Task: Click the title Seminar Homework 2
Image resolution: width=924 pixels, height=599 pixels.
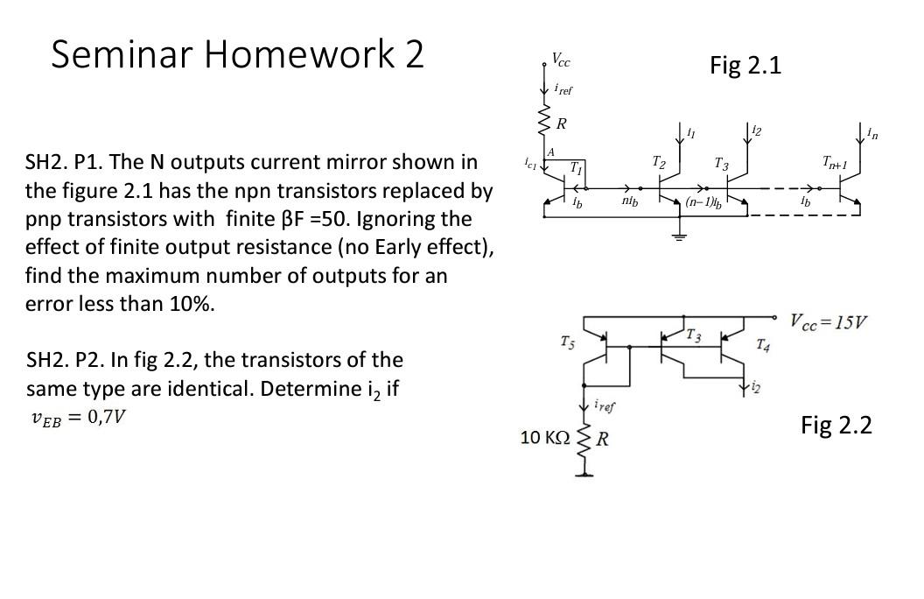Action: pyautogui.click(x=237, y=54)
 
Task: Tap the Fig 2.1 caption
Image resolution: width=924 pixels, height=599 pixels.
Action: pyautogui.click(x=745, y=66)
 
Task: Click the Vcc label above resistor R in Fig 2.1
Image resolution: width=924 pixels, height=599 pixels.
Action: pyautogui.click(x=560, y=60)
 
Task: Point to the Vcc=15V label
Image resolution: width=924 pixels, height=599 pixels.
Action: pyautogui.click(x=829, y=321)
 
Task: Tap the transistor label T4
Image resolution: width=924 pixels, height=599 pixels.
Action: pyautogui.click(x=763, y=344)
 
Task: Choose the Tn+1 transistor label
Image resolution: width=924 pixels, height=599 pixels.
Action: pyautogui.click(x=834, y=162)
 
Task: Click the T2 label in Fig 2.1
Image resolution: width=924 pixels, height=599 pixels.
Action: pyautogui.click(x=659, y=162)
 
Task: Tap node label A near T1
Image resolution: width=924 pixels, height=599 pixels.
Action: pyautogui.click(x=550, y=152)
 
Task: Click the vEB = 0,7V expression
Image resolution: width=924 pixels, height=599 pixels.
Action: pyautogui.click(x=78, y=417)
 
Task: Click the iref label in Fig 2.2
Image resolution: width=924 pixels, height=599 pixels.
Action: pyautogui.click(x=605, y=405)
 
